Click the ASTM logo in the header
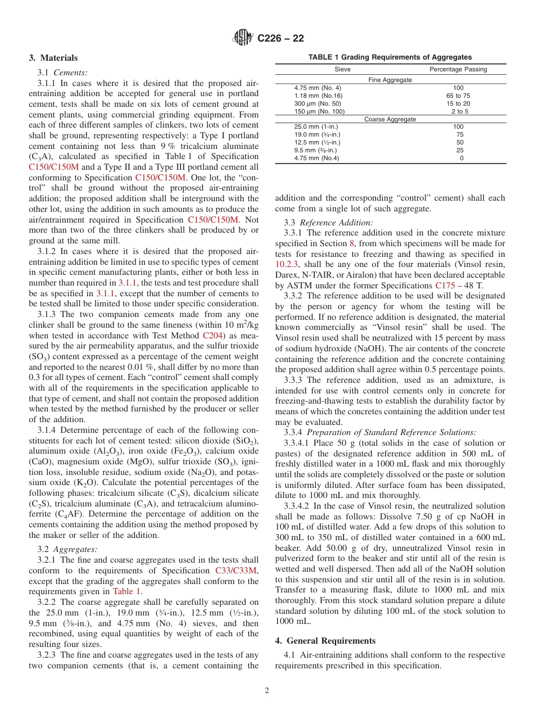point(243,38)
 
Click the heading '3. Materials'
point(53,58)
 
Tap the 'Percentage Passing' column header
point(458,70)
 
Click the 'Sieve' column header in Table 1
point(342,70)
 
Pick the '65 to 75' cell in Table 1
point(458,96)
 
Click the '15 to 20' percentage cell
point(458,103)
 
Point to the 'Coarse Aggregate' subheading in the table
point(390,119)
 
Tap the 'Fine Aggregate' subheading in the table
point(390,80)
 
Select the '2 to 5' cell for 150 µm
point(458,111)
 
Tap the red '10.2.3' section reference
point(287,264)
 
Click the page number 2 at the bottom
point(267,691)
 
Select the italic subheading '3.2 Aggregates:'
point(67,549)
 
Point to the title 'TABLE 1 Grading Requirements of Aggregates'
point(390,57)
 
